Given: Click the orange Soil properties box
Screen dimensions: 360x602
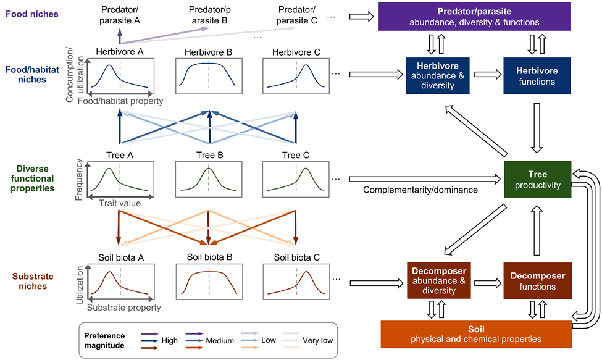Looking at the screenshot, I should click(476, 334).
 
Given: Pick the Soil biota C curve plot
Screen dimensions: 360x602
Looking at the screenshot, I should click(296, 282).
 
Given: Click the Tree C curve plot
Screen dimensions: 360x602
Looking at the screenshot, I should click(296, 179).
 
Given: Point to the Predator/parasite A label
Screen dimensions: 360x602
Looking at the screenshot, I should click(120, 15).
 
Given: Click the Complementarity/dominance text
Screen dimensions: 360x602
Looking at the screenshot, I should click(420, 190).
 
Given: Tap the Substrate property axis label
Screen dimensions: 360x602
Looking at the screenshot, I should click(123, 307).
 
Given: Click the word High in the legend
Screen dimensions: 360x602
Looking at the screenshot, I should click(169, 340).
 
